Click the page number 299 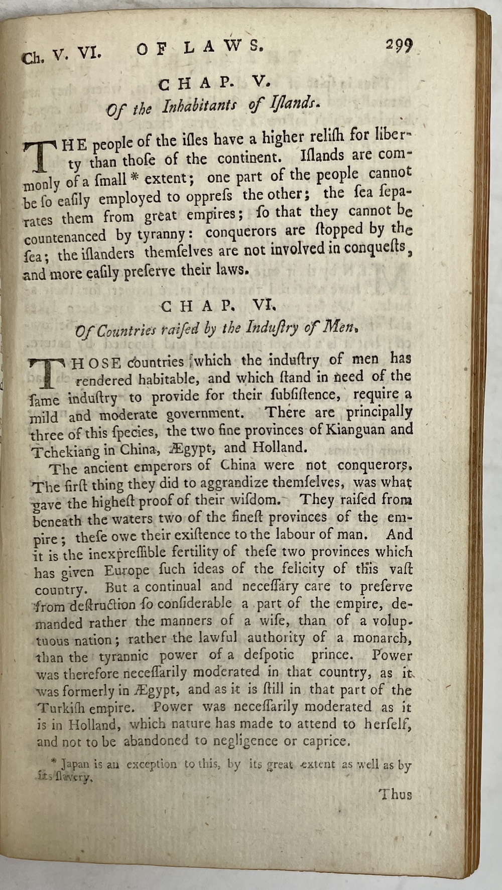(399, 46)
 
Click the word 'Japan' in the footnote (75, 765)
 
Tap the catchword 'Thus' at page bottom (395, 794)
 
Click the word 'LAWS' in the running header (223, 48)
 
